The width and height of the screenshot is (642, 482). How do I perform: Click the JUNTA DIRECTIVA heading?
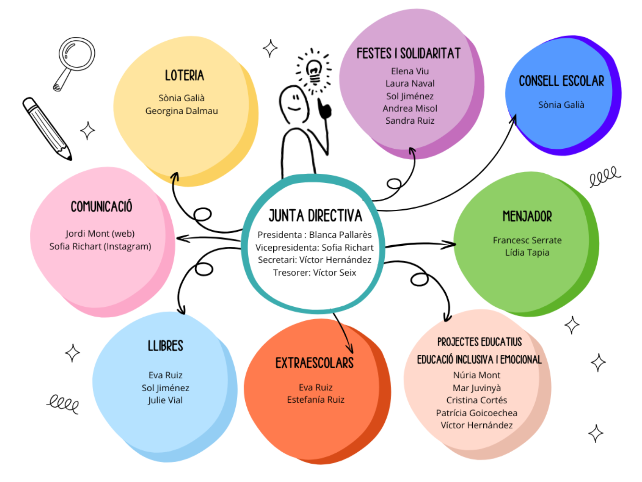[315, 216]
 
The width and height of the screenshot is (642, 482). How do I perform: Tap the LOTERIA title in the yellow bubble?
[184, 76]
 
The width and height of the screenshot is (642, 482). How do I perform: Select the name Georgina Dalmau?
[181, 111]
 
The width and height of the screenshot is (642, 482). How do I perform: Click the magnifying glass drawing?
[74, 60]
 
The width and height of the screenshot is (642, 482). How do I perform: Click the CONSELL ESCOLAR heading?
[561, 81]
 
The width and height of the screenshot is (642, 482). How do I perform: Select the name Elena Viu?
[410, 71]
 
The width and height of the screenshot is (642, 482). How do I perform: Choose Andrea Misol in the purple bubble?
[410, 108]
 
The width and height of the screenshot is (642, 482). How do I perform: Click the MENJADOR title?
[527, 216]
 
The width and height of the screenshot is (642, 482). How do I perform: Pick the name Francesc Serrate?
[527, 240]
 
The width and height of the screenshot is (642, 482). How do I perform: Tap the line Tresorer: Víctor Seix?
[314, 273]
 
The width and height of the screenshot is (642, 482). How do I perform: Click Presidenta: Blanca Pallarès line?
[314, 235]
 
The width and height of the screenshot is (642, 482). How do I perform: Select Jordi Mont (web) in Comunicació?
[100, 234]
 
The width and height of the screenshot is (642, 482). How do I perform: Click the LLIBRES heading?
[165, 346]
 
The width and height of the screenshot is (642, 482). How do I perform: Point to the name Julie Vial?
[165, 400]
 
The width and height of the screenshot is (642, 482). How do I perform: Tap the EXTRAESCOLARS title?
[314, 363]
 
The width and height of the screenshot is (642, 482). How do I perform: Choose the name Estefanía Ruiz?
[316, 400]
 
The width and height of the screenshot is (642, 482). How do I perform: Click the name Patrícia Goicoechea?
[476, 413]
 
